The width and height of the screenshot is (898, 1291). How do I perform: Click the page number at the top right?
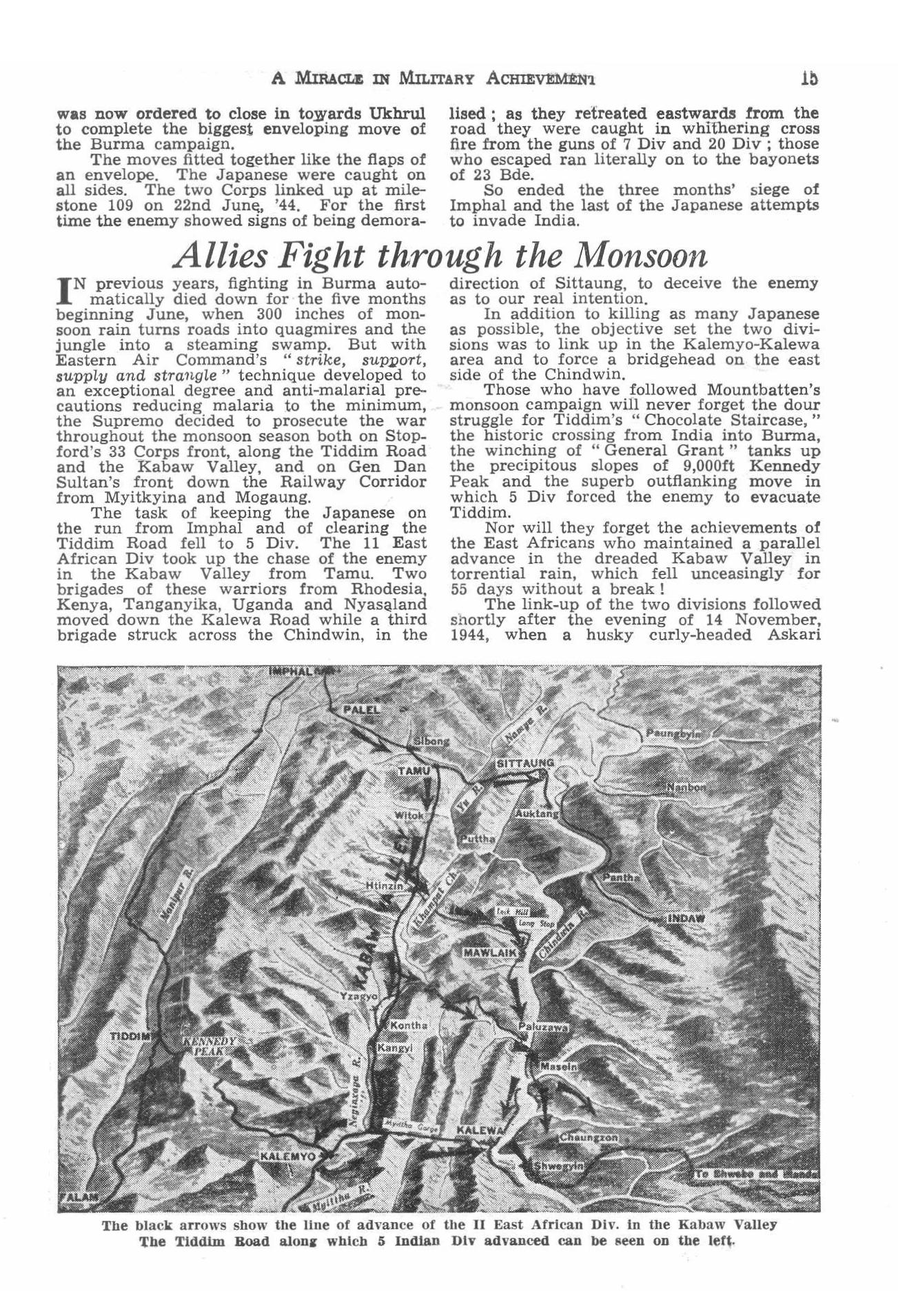point(809,78)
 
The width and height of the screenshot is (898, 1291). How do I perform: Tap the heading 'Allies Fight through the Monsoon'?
point(442,256)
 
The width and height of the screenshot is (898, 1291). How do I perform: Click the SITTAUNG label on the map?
point(525,763)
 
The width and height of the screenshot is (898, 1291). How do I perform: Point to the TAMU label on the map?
point(414,770)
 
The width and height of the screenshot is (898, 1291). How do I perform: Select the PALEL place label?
point(358,709)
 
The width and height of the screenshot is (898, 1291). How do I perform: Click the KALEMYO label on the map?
point(287,1156)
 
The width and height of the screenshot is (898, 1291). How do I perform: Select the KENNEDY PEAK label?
point(209,1047)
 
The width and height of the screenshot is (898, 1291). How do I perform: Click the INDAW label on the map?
point(686,918)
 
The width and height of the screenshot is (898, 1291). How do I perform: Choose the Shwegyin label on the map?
point(560,1165)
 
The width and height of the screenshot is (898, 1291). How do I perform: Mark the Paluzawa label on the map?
point(542,1026)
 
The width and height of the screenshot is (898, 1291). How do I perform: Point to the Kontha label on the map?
point(409,1025)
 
